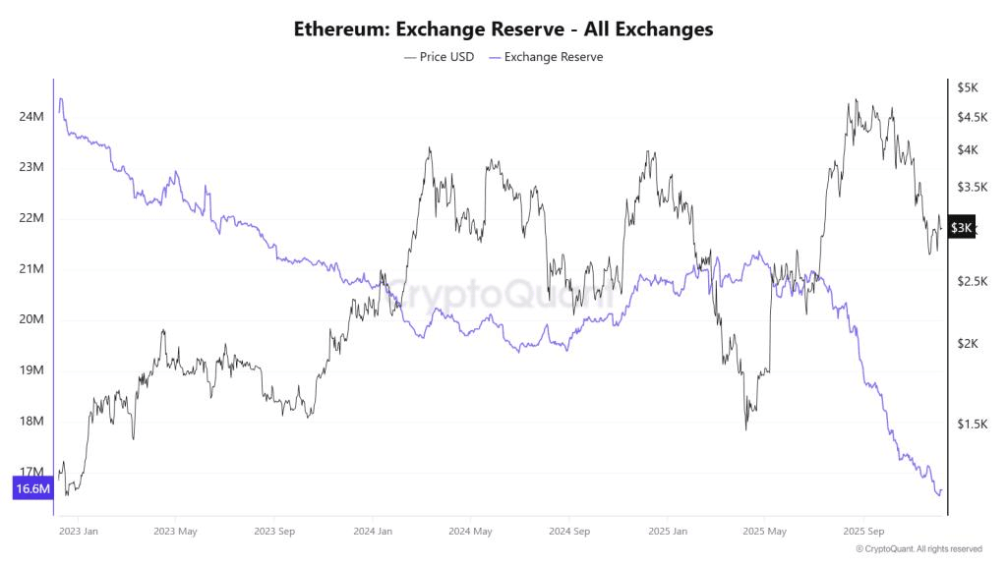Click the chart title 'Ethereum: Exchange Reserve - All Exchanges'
point(503,28)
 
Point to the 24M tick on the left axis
point(31,117)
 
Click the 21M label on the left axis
point(31,269)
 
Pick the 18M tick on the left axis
point(31,422)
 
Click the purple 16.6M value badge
point(32,488)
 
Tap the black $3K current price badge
point(962,228)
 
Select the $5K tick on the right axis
point(968,87)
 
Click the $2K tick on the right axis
point(968,344)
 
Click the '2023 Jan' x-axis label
point(78,532)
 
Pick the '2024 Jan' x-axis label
point(373,532)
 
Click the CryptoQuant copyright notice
point(918,549)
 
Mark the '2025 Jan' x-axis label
point(667,532)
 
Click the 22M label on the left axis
point(31,218)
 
